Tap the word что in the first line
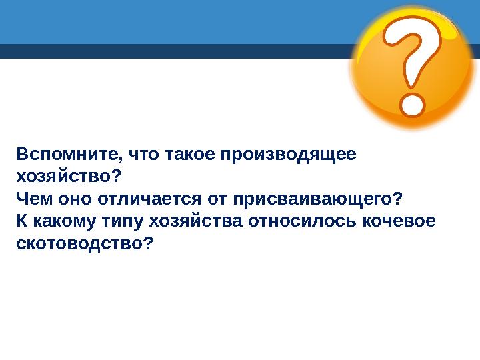click(144, 155)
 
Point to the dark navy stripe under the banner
click(167, 51)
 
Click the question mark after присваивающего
click(398, 199)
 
